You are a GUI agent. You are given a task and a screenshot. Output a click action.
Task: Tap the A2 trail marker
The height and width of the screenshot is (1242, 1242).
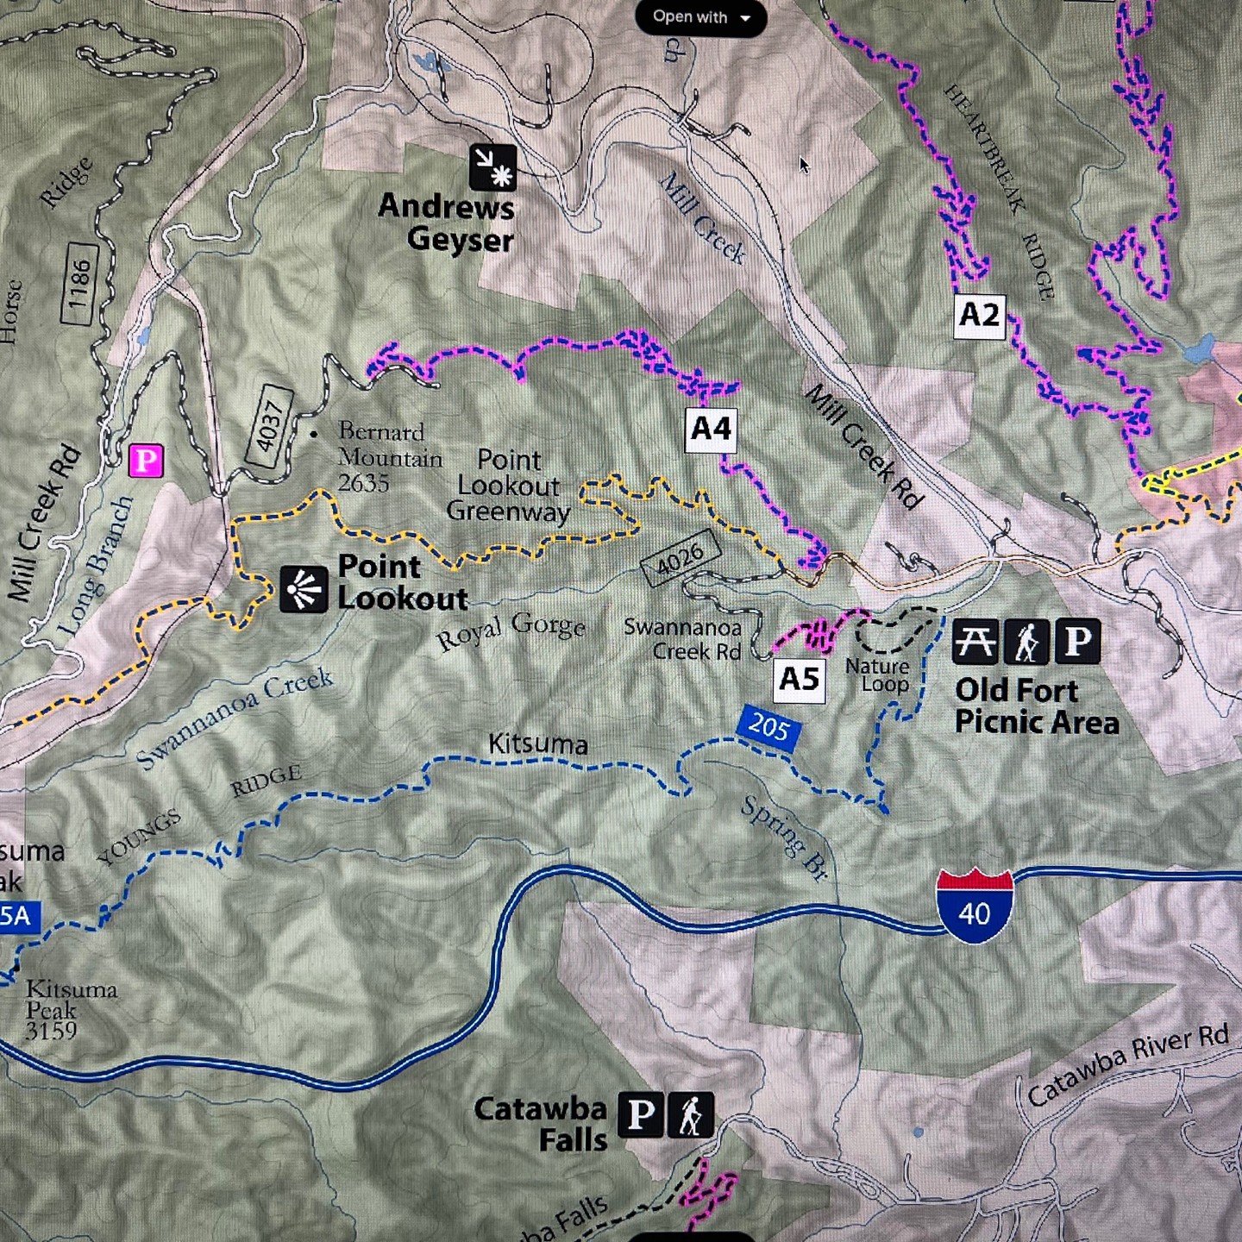pos(979,316)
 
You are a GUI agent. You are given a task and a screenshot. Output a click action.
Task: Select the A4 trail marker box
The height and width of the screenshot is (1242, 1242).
pos(712,430)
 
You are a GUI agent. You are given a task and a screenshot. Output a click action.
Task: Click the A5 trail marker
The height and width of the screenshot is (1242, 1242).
pos(799,680)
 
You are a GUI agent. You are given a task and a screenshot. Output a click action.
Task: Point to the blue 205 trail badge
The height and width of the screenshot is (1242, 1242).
pos(768,728)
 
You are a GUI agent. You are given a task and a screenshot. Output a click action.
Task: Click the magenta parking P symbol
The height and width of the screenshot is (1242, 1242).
pos(146,461)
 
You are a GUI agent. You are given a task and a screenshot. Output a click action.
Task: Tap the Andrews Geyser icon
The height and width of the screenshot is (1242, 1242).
pos(492,166)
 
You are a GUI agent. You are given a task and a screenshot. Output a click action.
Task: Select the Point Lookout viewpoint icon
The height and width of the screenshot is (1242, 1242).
pos(304,589)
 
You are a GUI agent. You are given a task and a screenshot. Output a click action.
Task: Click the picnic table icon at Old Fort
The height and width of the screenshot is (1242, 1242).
pos(975,642)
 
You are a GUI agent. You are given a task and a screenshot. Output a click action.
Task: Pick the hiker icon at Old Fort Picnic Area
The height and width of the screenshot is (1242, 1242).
pos(1026,642)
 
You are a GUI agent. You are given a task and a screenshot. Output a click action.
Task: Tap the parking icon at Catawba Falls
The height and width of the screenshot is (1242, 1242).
pos(640,1114)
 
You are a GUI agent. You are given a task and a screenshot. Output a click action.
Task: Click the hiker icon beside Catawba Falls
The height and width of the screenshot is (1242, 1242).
pos(690,1114)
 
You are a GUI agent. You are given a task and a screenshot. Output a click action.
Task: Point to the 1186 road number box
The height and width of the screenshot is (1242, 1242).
pos(79,284)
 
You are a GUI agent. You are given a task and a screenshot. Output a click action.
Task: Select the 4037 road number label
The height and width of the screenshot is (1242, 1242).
pos(270,425)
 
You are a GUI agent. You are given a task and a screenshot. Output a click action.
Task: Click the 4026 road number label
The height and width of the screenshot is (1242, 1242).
pos(681,559)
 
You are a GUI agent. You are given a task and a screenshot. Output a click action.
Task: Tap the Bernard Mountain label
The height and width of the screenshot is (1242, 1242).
pos(388,456)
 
